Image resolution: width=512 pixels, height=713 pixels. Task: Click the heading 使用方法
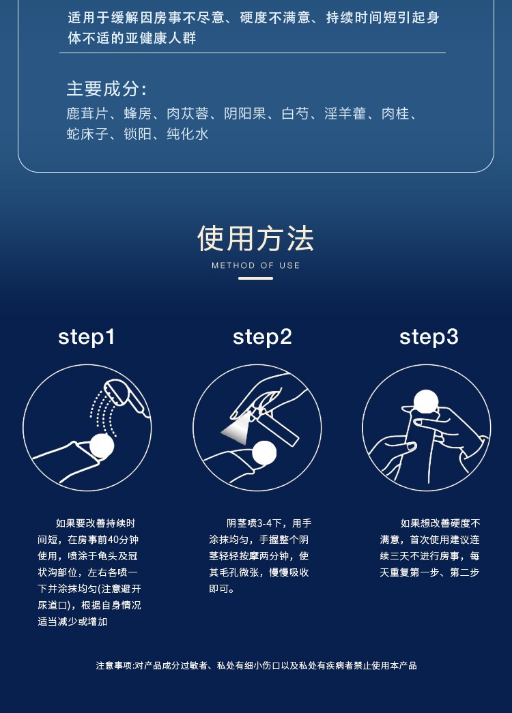[256, 239]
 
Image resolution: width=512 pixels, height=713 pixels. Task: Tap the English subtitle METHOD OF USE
[256, 265]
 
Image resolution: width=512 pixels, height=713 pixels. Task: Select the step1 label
[87, 338]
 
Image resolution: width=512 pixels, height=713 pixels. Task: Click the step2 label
[262, 338]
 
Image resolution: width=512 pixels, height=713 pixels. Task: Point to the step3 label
[429, 338]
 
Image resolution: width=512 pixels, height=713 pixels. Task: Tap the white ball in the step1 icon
[102, 446]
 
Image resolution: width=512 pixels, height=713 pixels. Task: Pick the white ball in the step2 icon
[264, 453]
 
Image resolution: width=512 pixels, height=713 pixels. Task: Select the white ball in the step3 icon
[426, 402]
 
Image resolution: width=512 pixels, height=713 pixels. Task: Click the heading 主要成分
[106, 89]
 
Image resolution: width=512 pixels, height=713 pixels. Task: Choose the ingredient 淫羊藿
[345, 114]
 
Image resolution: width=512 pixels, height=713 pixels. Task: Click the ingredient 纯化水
[188, 134]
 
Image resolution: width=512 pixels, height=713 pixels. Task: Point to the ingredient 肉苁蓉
[188, 114]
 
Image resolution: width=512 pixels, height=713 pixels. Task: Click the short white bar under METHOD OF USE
[256, 278]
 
